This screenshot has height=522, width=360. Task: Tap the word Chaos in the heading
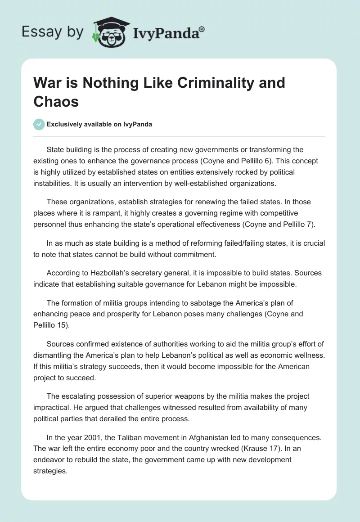click(56, 101)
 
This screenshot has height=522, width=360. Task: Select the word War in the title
click(48, 83)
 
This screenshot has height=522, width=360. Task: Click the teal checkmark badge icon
click(39, 124)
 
